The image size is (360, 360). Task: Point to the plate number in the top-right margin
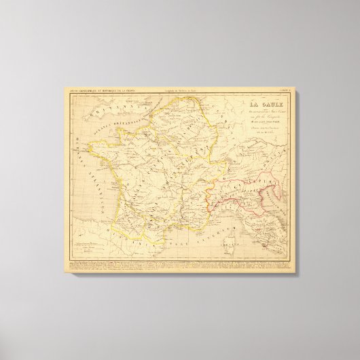coord(288,92)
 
